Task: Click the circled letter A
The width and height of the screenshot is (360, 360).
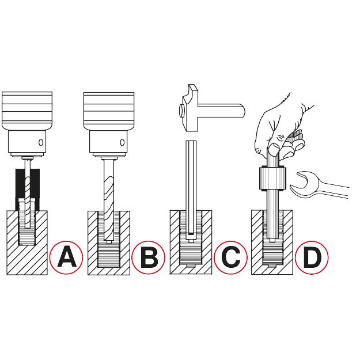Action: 66,257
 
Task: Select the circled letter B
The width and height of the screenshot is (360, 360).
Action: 148,257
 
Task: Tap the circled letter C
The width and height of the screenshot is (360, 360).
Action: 231,257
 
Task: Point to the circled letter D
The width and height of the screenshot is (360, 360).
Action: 312,257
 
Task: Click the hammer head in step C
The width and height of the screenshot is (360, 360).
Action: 189,108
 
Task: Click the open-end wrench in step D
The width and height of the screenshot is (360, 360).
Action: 319,185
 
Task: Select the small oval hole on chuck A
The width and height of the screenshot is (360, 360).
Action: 41,142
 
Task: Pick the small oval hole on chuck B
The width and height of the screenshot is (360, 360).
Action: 122,143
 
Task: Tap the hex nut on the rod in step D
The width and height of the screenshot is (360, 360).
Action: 273,179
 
